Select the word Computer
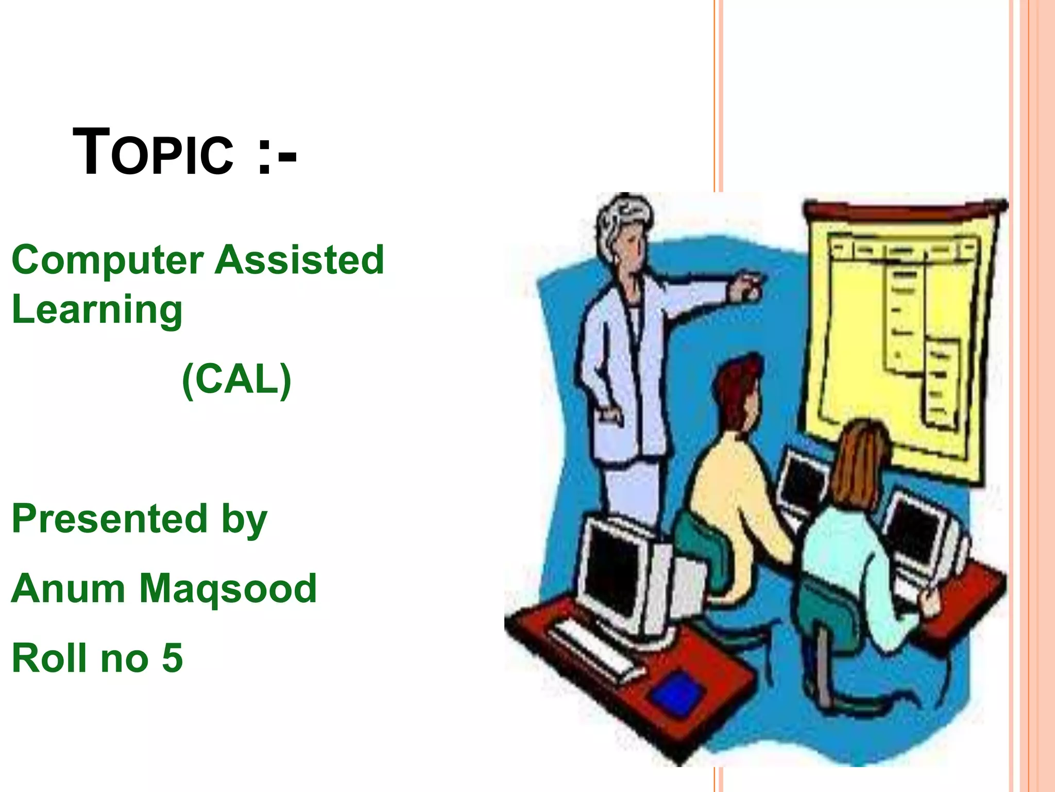pos(107,261)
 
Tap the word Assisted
pos(299,260)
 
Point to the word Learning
pos(97,309)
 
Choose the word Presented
pos(109,519)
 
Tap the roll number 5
pos(173,658)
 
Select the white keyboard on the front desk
pos(592,647)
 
